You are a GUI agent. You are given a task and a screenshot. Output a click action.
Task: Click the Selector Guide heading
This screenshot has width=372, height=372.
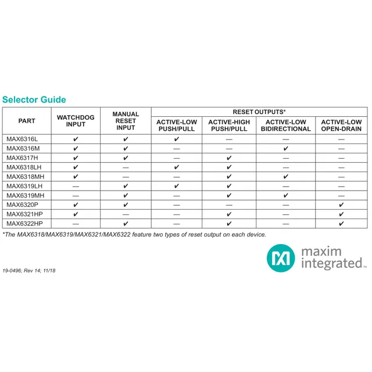[x=34, y=99]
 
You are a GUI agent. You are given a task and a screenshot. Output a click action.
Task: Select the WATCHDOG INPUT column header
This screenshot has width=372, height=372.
[x=76, y=121]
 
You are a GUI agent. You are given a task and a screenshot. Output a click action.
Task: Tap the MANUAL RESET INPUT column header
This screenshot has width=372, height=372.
[x=126, y=121]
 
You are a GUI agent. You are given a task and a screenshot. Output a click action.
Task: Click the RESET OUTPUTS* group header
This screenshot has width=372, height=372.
[x=259, y=112]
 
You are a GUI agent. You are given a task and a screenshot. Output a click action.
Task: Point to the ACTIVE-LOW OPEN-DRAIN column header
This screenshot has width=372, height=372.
[x=341, y=126]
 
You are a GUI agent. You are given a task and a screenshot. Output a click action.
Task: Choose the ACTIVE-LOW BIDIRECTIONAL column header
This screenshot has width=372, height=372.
[x=285, y=126]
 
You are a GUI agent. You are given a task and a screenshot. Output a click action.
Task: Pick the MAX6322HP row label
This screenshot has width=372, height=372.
[x=24, y=223]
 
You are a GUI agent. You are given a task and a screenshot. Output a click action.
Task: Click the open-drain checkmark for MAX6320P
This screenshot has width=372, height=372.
[x=341, y=205]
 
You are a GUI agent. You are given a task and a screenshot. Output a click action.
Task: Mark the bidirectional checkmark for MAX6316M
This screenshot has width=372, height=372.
[x=285, y=149]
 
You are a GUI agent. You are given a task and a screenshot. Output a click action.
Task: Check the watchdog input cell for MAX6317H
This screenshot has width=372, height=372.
[x=76, y=158]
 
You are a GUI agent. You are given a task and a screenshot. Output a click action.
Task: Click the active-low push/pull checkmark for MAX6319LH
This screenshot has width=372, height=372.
[x=177, y=186]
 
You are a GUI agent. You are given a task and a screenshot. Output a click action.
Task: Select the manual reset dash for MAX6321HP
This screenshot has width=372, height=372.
[x=126, y=214]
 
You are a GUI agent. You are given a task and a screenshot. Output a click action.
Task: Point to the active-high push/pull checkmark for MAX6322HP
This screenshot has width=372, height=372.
[x=229, y=223]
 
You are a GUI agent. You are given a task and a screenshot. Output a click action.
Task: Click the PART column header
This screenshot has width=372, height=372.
[x=27, y=121]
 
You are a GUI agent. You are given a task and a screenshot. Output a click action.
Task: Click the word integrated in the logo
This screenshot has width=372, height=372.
[x=332, y=264]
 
